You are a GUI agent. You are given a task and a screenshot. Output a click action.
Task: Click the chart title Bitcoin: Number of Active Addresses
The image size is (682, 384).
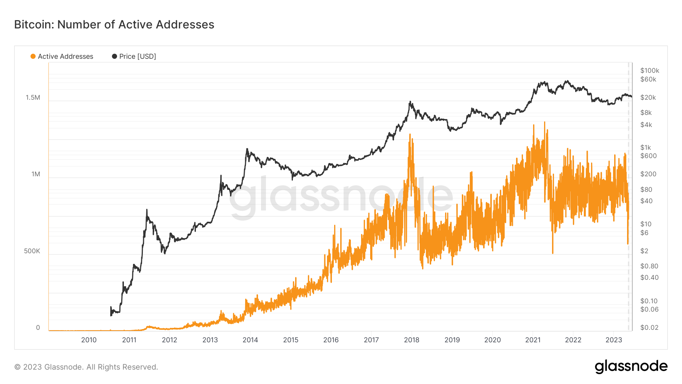click(x=114, y=25)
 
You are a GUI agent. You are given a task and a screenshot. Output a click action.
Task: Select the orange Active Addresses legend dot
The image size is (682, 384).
click(x=33, y=56)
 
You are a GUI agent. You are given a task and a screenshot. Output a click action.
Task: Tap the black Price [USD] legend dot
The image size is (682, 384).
click(x=114, y=56)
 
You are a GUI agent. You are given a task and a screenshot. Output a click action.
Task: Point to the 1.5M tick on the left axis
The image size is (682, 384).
click(x=33, y=97)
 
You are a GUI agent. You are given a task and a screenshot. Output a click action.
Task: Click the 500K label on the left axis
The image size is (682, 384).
click(x=32, y=251)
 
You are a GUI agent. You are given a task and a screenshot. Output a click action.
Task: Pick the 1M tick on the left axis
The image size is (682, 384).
click(x=36, y=174)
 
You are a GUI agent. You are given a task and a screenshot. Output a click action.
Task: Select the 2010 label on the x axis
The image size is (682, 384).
click(x=89, y=340)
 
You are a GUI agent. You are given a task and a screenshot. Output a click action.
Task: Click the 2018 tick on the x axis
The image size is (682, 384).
click(x=411, y=340)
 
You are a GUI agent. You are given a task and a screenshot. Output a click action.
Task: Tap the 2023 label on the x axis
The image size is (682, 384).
click(x=613, y=340)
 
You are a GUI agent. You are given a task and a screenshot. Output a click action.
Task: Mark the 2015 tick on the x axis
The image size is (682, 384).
click(x=291, y=340)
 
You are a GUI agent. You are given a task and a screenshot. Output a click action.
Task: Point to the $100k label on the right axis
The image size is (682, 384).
click(x=649, y=71)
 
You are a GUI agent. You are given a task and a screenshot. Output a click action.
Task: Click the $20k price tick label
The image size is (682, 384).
click(x=648, y=97)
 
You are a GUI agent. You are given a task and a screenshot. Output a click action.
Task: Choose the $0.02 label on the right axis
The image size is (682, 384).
click(x=649, y=328)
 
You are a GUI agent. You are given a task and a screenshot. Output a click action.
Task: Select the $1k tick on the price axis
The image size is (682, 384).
click(x=646, y=147)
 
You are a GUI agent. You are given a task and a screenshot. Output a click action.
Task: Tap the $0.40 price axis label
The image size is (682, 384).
click(x=649, y=277)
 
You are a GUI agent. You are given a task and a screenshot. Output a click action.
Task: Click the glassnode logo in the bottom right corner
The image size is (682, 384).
click(x=631, y=367)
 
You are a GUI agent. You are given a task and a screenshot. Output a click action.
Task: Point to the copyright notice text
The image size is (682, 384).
click(x=86, y=367)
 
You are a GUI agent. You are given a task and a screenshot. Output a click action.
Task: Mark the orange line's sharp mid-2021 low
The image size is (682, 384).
click(x=553, y=252)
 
